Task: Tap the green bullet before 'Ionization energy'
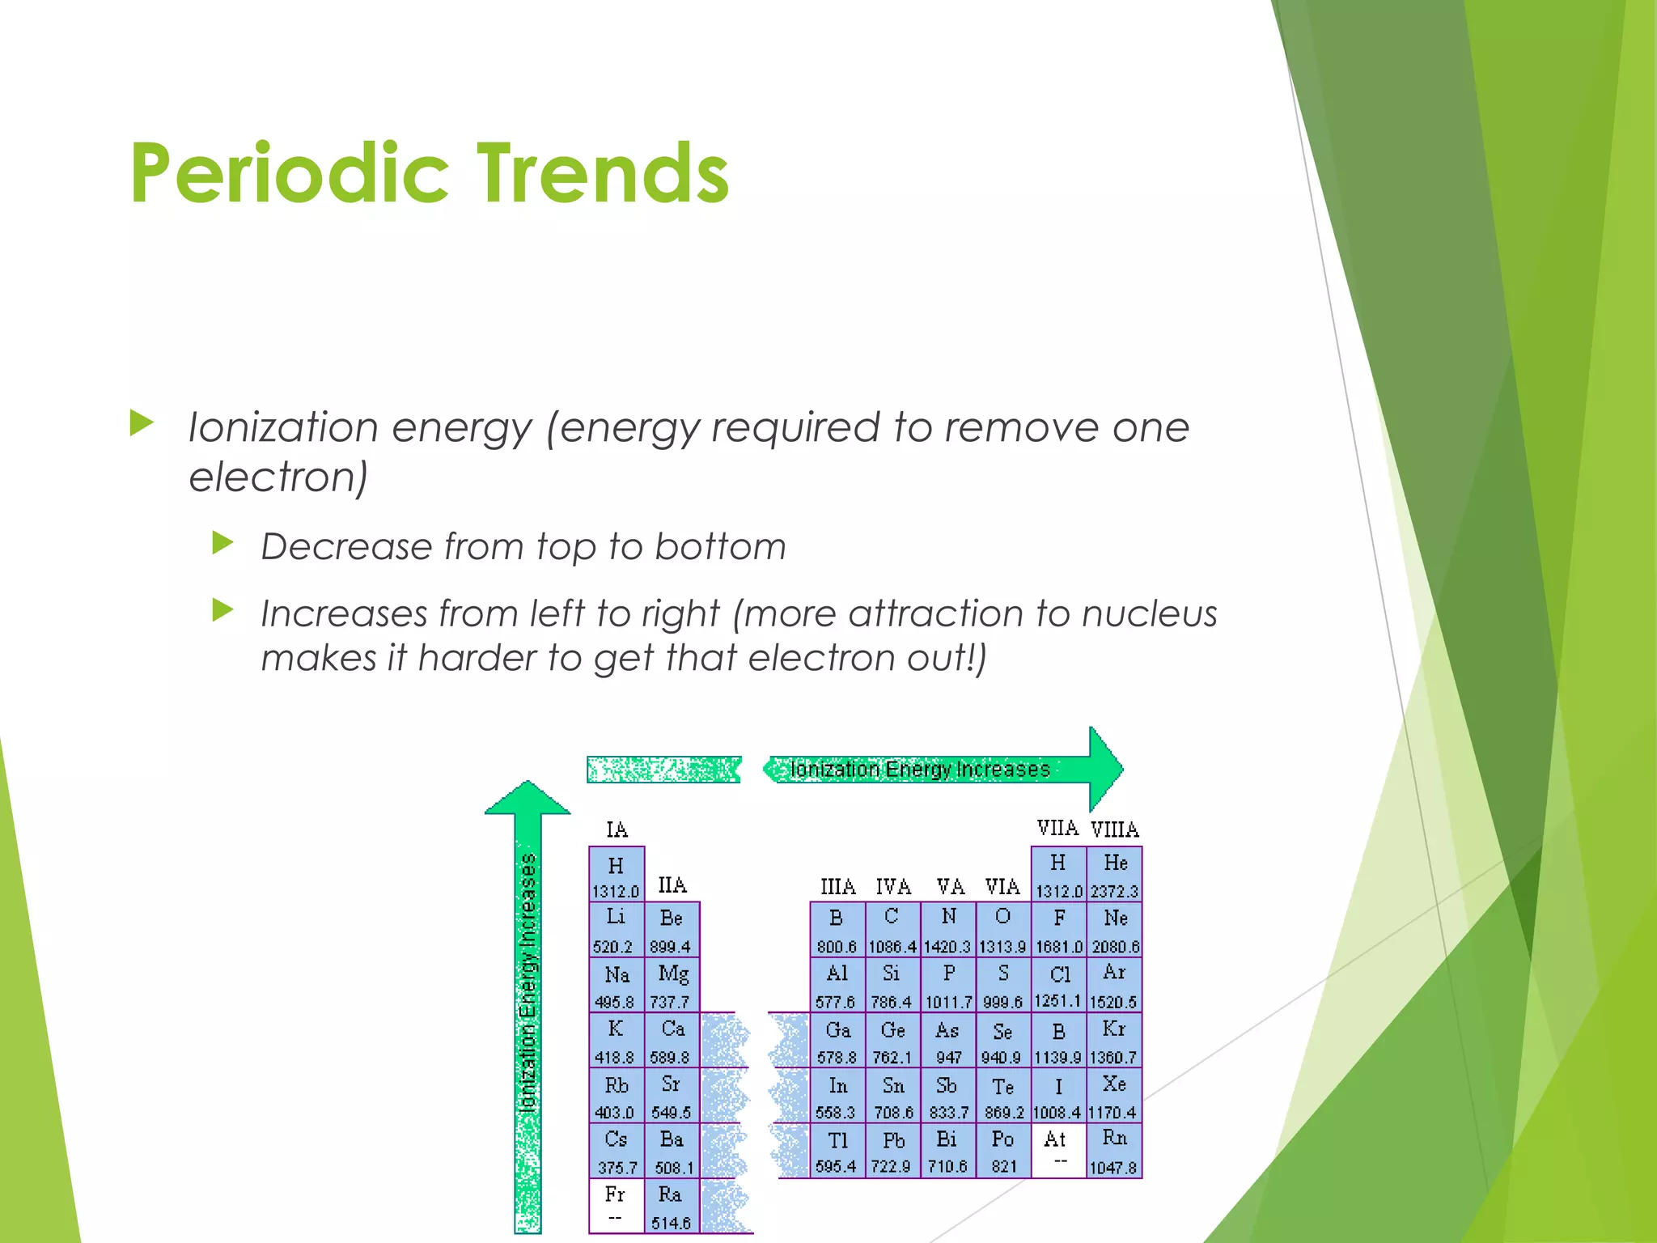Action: point(142,422)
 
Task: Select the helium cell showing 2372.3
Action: point(1114,875)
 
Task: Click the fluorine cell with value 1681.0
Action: point(1058,930)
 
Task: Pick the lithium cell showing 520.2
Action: point(616,930)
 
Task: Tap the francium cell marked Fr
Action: point(616,1205)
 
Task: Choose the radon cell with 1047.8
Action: point(1114,1151)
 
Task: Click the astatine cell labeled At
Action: point(1057,1149)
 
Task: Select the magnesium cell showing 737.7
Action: point(672,985)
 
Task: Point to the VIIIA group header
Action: point(1114,829)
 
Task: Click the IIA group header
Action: point(672,885)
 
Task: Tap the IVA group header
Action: point(892,887)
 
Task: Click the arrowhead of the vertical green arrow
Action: point(528,798)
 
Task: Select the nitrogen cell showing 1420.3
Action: point(947,930)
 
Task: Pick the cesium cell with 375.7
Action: point(616,1151)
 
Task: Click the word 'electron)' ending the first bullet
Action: point(278,477)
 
